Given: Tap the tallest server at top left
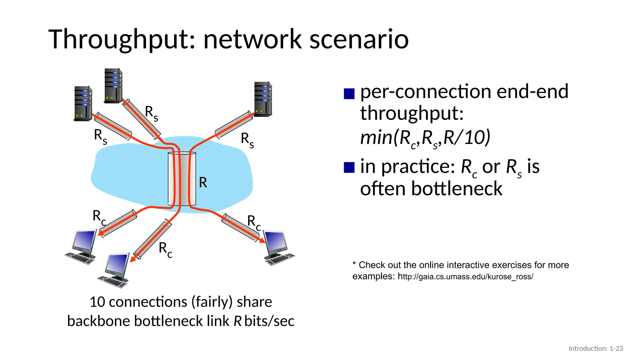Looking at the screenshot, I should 113,85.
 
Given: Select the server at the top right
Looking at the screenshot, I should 263,99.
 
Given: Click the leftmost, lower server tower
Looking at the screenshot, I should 83,103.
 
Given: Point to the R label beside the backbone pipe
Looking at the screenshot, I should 203,182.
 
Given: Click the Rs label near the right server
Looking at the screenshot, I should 247,140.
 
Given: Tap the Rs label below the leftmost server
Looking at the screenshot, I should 100,137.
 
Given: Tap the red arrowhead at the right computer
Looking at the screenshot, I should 262,240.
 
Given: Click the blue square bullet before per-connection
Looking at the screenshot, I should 349,94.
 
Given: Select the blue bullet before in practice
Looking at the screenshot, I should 349,167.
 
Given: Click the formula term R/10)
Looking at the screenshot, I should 467,137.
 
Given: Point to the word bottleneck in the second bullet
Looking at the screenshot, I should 457,189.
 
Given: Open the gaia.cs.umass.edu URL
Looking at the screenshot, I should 465,277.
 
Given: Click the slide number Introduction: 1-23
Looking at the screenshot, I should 596,348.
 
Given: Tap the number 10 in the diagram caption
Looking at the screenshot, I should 97,302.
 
